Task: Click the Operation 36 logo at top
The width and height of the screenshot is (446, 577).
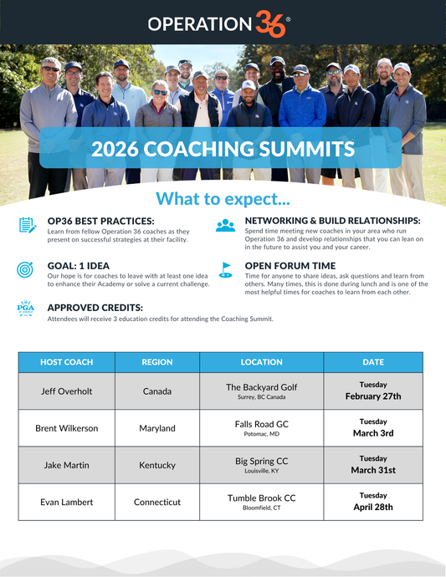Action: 219,23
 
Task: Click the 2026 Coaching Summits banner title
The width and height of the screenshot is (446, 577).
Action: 223,149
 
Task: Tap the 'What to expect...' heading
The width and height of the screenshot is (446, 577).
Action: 223,199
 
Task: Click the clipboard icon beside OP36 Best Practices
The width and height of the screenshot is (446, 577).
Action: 27,225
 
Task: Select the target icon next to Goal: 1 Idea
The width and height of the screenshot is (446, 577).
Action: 27,270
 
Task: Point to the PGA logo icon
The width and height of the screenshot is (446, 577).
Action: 26,309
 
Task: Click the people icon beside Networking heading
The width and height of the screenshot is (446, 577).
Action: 225,225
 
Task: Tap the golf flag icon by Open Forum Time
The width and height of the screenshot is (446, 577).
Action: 225,270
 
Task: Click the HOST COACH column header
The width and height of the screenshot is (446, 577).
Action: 67,362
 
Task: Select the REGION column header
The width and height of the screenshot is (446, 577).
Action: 157,362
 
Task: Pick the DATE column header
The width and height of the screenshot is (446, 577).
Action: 373,362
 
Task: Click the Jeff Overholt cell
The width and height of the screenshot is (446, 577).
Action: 67,391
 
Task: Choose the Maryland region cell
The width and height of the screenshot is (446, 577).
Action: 157,428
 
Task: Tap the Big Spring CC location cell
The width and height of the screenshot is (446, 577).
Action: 261,465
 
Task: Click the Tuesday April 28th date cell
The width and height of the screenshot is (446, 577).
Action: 373,502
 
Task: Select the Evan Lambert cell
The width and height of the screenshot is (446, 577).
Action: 67,502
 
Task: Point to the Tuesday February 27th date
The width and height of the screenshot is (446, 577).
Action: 373,391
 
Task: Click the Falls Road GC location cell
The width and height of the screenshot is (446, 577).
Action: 261,428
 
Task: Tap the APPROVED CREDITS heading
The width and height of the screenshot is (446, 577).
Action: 95,308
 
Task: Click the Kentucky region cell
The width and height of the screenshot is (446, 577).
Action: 157,465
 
